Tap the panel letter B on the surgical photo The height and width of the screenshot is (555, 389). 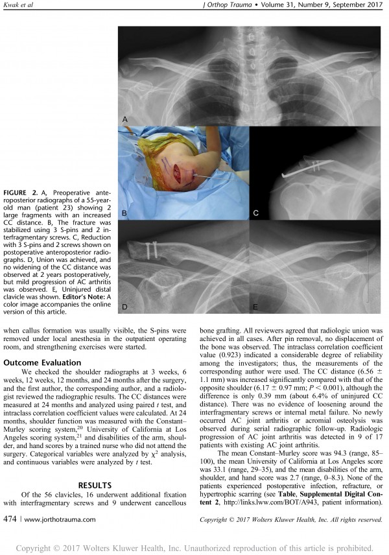[x=125, y=213]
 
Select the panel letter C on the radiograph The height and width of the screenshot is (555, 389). [x=255, y=213]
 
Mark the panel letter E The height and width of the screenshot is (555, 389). [x=256, y=305]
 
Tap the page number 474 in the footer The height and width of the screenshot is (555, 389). [x=11, y=519]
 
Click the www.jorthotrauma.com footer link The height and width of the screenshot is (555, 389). [x=55, y=519]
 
